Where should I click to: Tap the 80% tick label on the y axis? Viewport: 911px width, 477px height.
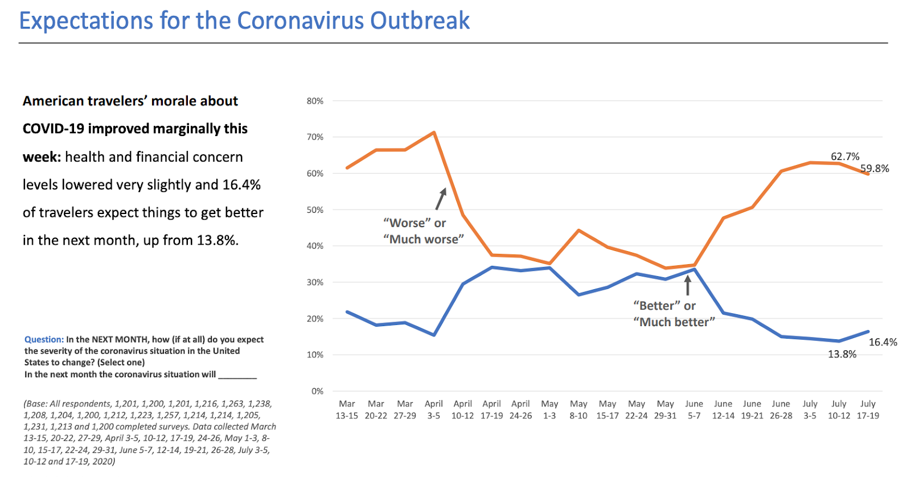315,101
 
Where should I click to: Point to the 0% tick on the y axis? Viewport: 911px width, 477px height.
317,391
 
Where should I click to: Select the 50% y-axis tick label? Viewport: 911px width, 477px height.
315,210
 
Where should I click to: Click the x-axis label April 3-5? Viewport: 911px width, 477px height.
434,410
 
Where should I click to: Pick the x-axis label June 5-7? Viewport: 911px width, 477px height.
694,410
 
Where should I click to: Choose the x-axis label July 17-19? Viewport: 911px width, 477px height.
868,410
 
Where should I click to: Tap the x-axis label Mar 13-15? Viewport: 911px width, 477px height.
347,410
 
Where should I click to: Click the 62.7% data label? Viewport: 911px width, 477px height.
845,157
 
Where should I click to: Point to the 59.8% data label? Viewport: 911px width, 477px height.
875,168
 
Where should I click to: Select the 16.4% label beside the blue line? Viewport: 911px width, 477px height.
883,342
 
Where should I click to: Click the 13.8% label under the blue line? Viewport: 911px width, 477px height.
842,354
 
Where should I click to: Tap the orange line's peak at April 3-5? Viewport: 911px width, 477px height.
434,133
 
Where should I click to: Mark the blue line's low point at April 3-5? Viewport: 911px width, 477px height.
434,335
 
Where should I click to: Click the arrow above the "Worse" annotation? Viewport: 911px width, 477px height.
441,199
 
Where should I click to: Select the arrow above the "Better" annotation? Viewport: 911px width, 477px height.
688,285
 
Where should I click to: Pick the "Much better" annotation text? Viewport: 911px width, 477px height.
674,322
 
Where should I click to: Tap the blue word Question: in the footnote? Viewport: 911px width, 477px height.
44,340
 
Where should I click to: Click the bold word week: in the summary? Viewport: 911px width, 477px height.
42,157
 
